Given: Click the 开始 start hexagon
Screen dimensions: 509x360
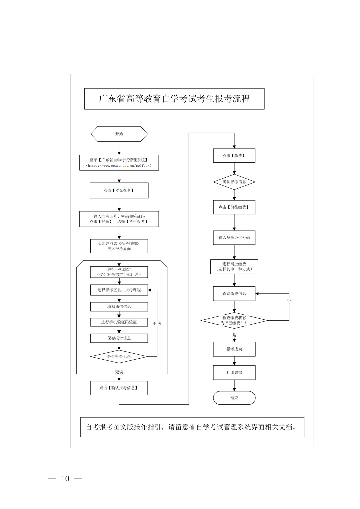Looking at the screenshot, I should [119, 134].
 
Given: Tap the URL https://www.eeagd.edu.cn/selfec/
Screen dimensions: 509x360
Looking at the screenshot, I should [119, 166].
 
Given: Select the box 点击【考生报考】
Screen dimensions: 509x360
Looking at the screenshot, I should [119, 190].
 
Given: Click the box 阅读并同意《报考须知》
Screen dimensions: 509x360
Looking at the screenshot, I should [119, 246].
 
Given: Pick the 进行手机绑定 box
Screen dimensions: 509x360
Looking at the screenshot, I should [119, 272].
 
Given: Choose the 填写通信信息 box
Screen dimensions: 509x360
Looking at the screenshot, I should [119, 307].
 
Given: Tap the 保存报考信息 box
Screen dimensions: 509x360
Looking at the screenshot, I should [119, 338].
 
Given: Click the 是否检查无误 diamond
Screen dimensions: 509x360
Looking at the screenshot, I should [119, 357].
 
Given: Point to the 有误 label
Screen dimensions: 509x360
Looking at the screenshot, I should [157, 323].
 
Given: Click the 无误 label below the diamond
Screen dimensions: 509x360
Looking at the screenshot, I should [119, 372].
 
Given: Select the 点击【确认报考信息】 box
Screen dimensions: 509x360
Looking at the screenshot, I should [119, 388].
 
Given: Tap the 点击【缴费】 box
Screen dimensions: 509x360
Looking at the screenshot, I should [234, 156].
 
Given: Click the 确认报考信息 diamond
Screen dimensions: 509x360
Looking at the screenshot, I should [234, 182].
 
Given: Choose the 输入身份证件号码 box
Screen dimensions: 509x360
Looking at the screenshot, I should [234, 238].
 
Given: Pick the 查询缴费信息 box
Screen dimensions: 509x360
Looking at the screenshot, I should [234, 294].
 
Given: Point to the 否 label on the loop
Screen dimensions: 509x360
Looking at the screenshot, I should [289, 301].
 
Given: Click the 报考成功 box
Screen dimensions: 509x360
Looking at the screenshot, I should [234, 349].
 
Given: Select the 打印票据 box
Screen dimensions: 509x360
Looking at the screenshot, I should [234, 373].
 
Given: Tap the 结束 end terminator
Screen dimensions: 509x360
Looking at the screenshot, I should [234, 398].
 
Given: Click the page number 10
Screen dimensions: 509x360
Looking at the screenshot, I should [65, 479].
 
